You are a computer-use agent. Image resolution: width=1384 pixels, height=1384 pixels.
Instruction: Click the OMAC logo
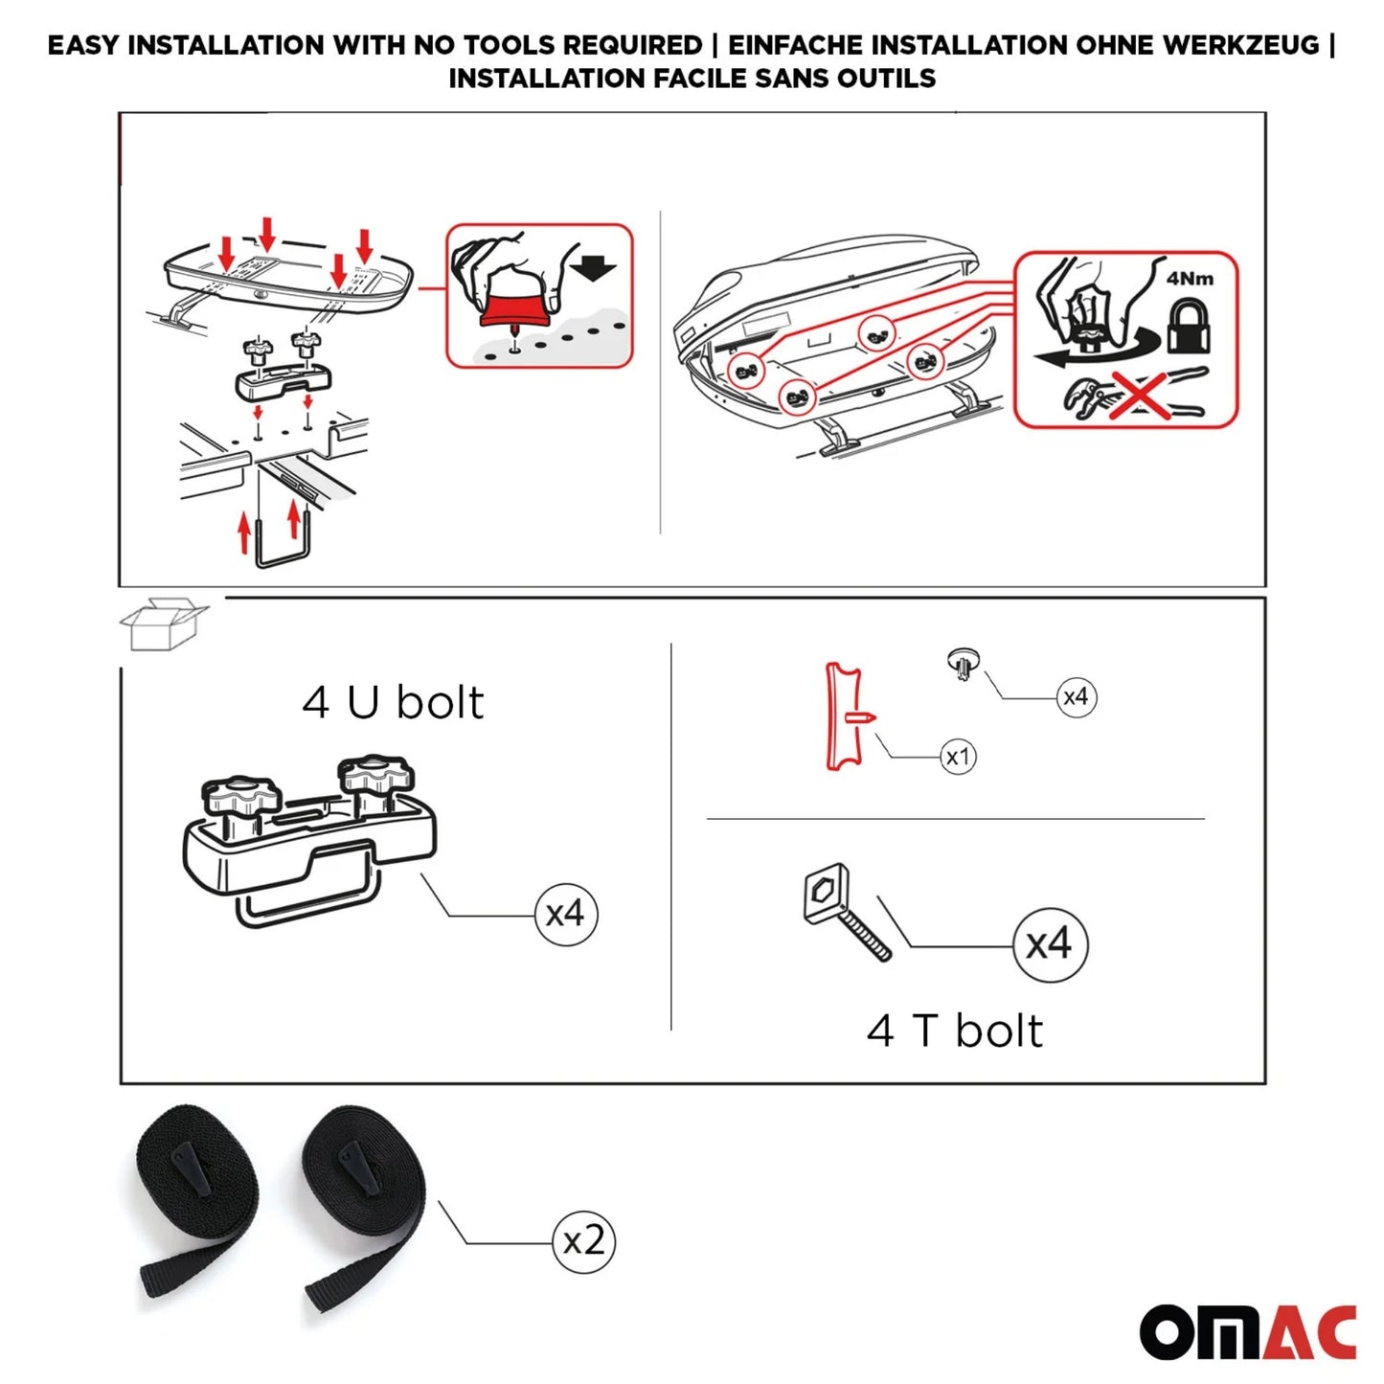[x=1247, y=1331]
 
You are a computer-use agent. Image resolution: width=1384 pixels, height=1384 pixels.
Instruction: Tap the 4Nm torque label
[x=1190, y=279]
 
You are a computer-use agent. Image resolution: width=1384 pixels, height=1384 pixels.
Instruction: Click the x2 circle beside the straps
[x=583, y=1242]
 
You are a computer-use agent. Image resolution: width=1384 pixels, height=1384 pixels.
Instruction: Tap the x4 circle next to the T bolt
[x=1049, y=944]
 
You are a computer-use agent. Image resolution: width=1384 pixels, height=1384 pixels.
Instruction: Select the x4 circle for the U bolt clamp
[x=565, y=914]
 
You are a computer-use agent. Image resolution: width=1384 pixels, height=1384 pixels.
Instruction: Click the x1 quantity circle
[x=958, y=757]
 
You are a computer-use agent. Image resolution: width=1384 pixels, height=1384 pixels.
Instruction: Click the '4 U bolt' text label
[x=393, y=702]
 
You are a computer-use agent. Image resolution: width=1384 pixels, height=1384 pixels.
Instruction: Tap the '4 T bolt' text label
[x=954, y=1032]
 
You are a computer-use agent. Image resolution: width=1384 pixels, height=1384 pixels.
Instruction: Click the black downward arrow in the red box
[x=596, y=265]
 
